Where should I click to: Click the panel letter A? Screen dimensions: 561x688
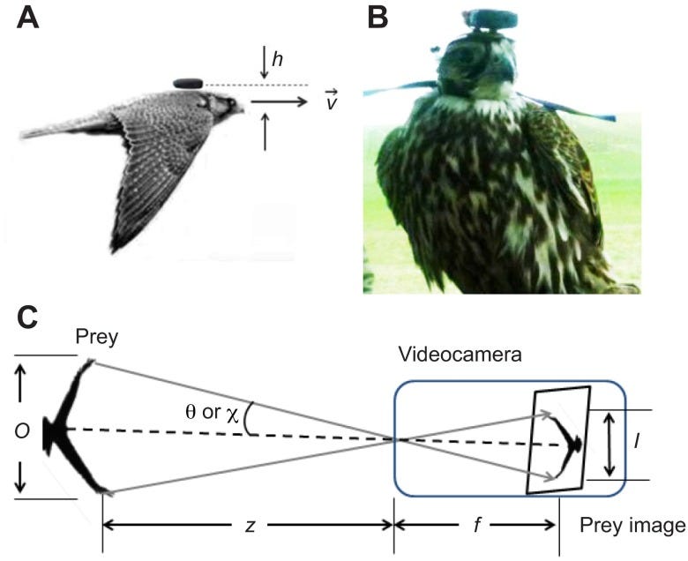pyautogui.click(x=28, y=20)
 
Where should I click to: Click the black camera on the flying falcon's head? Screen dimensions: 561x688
pyautogui.click(x=188, y=83)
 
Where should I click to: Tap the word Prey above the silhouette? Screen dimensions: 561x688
pyautogui.click(x=99, y=338)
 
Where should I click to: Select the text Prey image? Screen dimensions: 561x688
pyautogui.click(x=632, y=527)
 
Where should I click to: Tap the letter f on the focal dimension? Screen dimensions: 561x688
pyautogui.click(x=475, y=526)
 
